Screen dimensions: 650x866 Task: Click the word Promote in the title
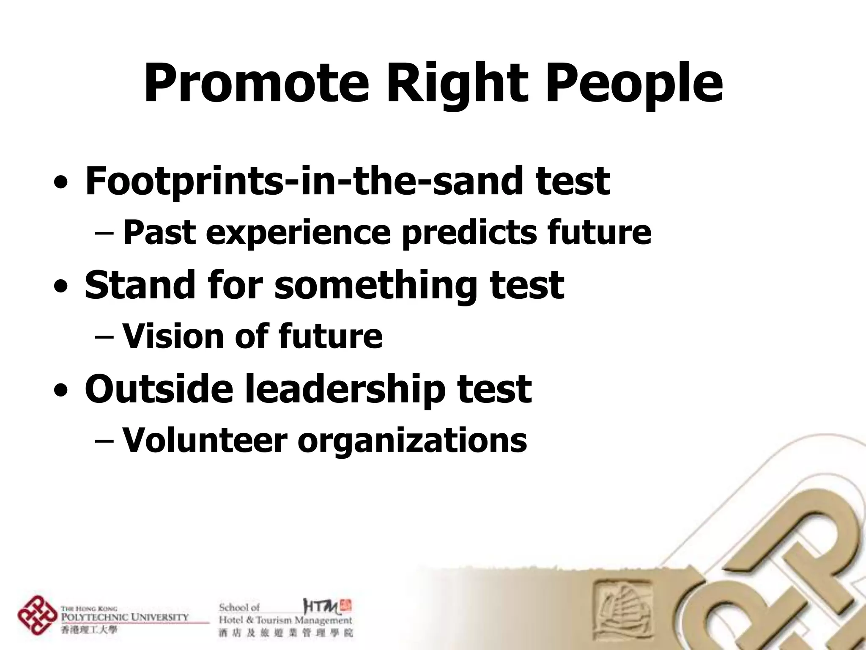click(256, 83)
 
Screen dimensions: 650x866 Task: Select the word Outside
click(159, 389)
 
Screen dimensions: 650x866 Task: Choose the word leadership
click(345, 389)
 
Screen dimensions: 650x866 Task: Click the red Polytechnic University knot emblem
click(37, 615)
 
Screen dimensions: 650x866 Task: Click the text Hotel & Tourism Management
click(285, 621)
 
